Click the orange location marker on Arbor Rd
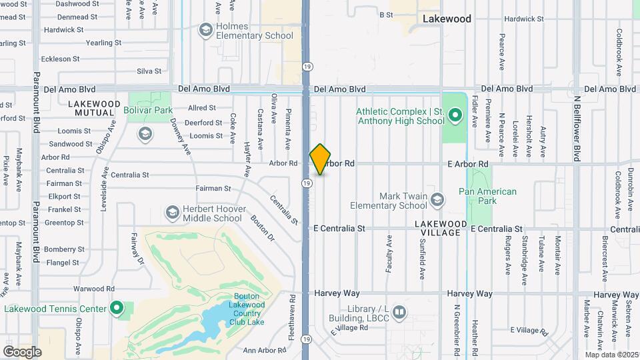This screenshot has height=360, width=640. click(x=320, y=159)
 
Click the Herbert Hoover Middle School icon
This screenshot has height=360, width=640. click(x=172, y=213)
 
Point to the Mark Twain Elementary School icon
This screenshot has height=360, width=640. click(x=437, y=199)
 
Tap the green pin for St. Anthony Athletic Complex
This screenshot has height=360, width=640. click(x=455, y=116)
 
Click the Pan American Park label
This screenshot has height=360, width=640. click(x=487, y=196)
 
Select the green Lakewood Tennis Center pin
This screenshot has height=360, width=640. click(x=117, y=308)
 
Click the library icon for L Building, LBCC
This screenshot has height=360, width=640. click(x=399, y=311)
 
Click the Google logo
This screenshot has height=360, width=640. click(x=22, y=351)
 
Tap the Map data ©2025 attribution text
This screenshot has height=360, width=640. click(x=611, y=355)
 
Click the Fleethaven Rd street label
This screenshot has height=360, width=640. click(x=292, y=323)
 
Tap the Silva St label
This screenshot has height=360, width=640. click(x=149, y=71)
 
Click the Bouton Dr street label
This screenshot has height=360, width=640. click(x=262, y=227)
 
